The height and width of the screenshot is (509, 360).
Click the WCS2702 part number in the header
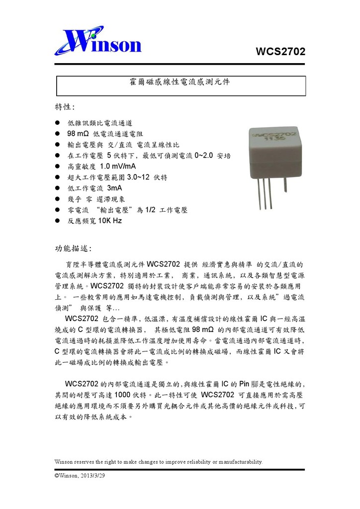click(280, 52)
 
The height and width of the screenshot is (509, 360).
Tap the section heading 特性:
click(65, 107)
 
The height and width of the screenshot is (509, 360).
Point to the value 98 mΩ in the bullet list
click(78, 134)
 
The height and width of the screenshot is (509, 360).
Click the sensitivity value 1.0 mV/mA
click(118, 167)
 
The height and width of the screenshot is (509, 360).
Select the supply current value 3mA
click(114, 188)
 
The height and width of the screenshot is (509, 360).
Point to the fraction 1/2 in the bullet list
click(151, 210)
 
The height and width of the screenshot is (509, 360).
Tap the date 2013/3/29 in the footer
click(92, 476)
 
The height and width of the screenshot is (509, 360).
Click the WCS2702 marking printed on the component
click(275, 134)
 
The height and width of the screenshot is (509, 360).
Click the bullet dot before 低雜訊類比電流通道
click(57, 123)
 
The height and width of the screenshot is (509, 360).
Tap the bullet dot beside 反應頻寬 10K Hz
click(57, 221)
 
